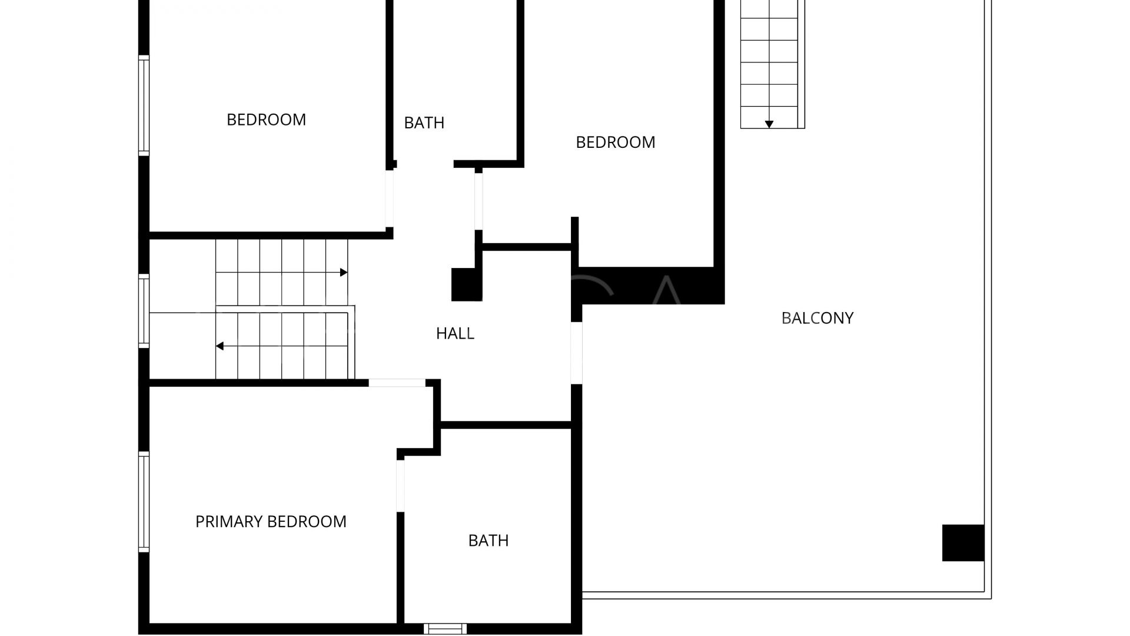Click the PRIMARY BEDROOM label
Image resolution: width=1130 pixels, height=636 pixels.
click(271, 522)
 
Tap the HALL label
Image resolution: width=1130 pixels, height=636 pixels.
click(455, 333)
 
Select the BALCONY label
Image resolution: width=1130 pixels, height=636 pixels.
click(817, 318)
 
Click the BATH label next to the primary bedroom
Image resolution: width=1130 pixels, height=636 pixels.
click(488, 541)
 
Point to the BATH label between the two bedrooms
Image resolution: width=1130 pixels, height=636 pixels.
click(424, 122)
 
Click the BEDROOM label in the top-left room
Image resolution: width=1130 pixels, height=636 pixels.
click(266, 120)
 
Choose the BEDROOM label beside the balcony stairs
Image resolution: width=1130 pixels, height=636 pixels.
click(615, 142)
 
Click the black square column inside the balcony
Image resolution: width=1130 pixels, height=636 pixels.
click(963, 542)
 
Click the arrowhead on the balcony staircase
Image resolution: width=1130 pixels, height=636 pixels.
click(769, 124)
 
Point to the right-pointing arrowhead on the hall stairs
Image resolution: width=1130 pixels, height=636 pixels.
click(344, 273)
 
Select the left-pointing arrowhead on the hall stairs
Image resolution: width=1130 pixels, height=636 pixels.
click(220, 346)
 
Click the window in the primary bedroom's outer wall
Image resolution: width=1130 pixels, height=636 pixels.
click(144, 502)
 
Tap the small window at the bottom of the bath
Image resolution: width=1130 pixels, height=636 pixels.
click(445, 628)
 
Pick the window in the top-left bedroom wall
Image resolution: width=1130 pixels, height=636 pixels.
click(144, 105)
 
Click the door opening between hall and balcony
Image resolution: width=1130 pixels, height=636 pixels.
click(577, 353)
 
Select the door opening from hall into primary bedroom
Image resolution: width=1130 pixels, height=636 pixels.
click(397, 383)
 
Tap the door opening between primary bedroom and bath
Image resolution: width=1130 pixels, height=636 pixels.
click(401, 486)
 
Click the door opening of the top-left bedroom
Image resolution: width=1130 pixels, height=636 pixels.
click(389, 198)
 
